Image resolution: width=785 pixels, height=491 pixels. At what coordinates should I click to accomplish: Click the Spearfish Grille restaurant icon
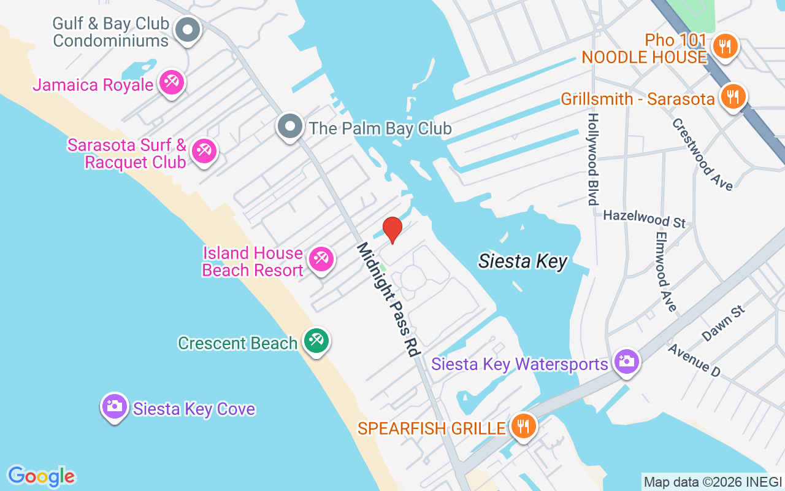click(x=523, y=426)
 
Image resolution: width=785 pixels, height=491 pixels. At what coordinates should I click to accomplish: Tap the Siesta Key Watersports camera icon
click(x=626, y=361)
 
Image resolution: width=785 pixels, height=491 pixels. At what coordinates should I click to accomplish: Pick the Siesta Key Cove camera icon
click(x=115, y=406)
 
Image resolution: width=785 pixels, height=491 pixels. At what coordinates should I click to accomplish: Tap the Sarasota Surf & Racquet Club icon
click(x=204, y=151)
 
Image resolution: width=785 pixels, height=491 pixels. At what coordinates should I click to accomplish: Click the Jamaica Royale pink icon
click(x=171, y=83)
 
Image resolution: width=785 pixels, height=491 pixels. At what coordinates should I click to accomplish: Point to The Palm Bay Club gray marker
click(x=290, y=128)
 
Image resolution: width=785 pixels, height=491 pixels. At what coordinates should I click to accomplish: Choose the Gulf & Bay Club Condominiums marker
click(x=188, y=30)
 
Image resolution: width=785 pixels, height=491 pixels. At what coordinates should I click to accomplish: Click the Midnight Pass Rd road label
click(x=388, y=300)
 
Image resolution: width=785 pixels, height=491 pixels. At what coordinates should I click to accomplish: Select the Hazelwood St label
click(x=644, y=218)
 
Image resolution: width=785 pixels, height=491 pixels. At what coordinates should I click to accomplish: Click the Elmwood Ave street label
click(x=665, y=271)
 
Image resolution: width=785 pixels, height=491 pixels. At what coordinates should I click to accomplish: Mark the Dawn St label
click(x=724, y=323)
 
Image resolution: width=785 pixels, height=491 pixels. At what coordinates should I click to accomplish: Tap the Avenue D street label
click(x=694, y=360)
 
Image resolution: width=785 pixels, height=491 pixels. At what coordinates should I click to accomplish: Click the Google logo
click(x=41, y=476)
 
